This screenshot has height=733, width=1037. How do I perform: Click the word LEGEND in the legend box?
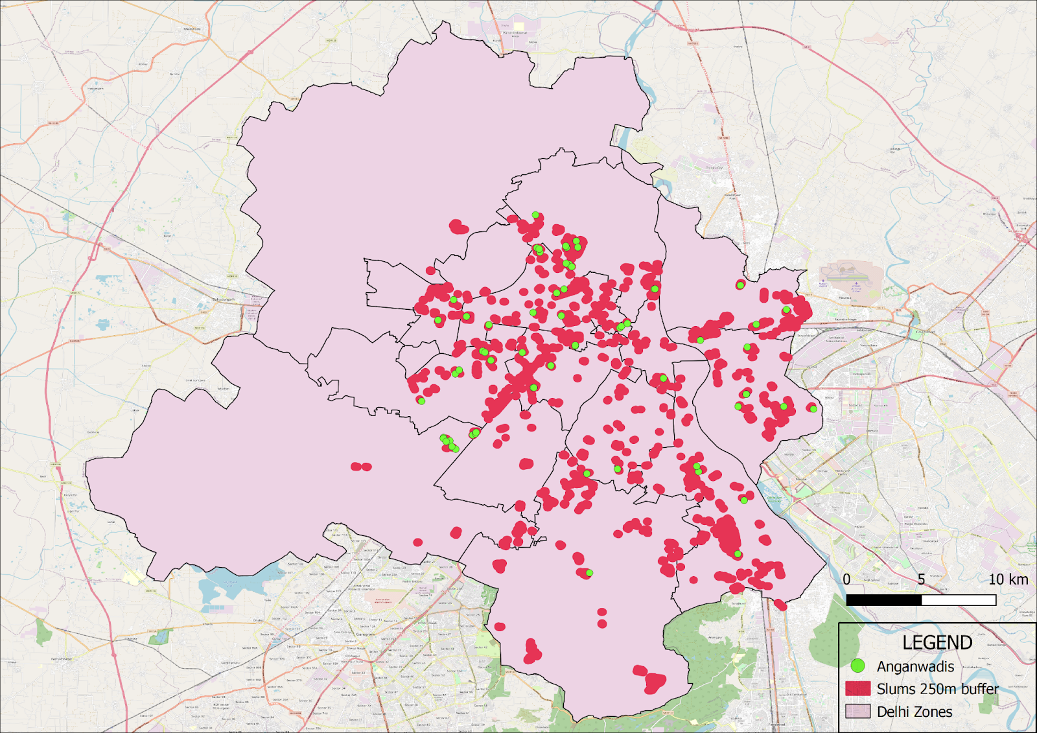click(937, 642)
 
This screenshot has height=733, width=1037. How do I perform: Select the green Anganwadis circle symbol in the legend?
click(857, 666)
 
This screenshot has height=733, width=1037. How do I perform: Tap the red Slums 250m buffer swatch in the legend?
click(857, 688)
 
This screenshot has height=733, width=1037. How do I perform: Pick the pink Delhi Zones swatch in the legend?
click(857, 711)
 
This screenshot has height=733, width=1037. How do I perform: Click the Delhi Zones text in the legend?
click(915, 712)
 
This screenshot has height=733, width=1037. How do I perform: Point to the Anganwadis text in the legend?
click(915, 666)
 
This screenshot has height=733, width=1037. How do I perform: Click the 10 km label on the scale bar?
click(1008, 579)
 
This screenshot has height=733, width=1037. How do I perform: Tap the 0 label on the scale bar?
click(846, 579)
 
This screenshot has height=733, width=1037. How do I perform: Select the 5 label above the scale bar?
click(921, 579)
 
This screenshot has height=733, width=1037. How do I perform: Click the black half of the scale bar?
click(883, 600)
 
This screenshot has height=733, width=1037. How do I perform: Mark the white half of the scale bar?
click(959, 600)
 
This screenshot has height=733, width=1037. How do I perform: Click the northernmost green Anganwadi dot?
click(535, 215)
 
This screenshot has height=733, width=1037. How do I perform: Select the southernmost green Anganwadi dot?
click(589, 573)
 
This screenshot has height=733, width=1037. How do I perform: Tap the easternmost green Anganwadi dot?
click(813, 408)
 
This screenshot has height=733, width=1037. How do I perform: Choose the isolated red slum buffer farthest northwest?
click(459, 227)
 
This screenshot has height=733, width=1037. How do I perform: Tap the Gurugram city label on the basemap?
click(365, 634)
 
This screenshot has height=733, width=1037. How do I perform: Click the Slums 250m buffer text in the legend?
click(937, 689)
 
